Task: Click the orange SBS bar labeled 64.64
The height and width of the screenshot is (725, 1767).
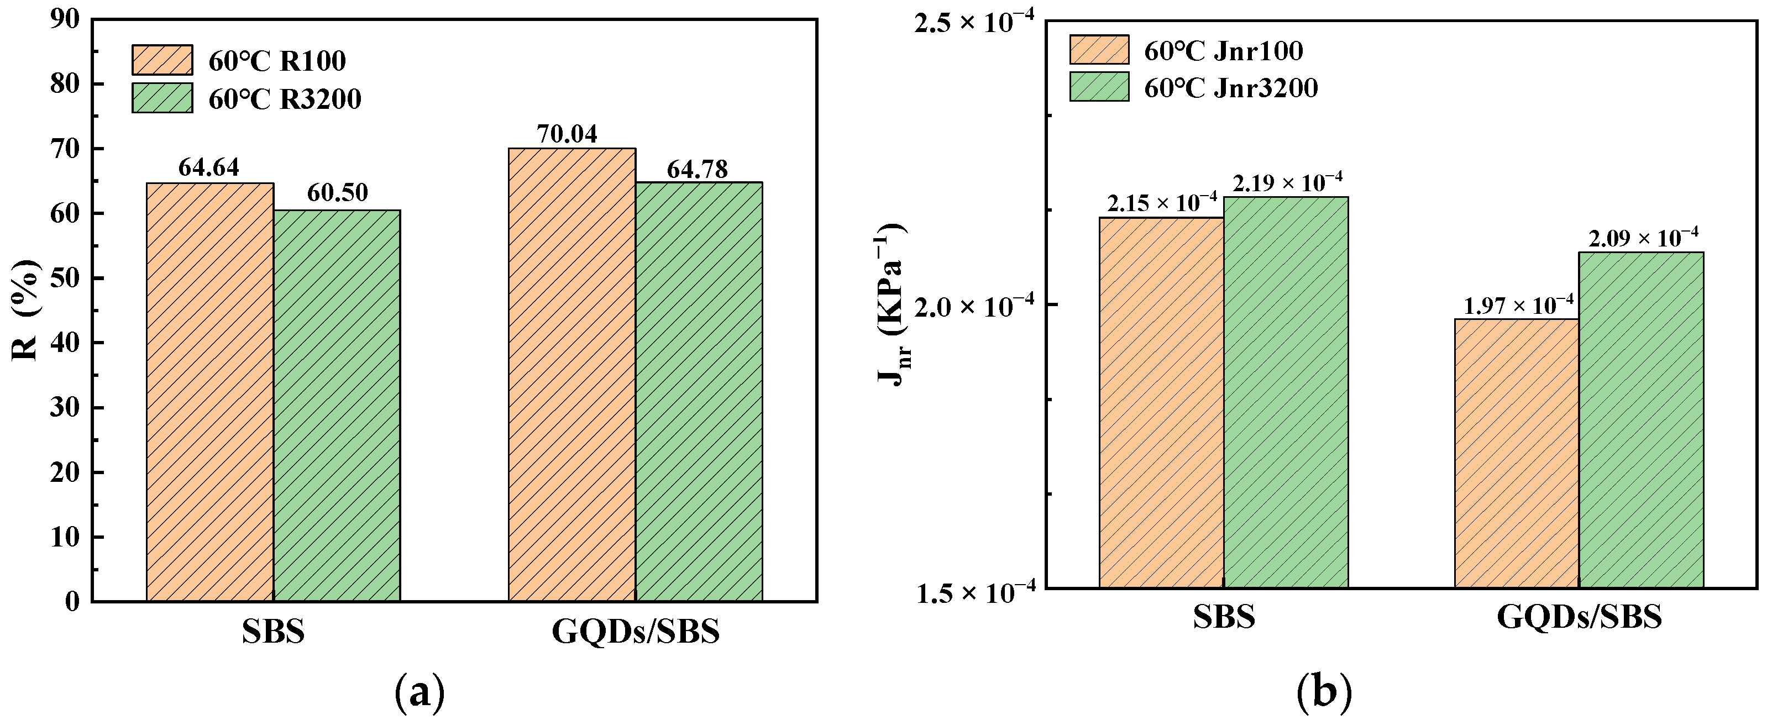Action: click(x=210, y=392)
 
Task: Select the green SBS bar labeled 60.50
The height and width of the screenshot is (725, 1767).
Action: click(x=337, y=406)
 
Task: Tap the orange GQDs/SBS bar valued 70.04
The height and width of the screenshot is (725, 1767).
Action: click(x=571, y=375)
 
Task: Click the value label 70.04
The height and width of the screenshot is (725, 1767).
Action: click(x=567, y=134)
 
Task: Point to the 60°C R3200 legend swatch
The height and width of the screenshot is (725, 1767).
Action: click(x=162, y=98)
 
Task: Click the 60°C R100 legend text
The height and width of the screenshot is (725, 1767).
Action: click(x=277, y=61)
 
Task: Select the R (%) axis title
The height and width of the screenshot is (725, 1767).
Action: click(x=26, y=310)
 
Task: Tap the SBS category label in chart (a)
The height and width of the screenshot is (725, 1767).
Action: click(x=272, y=632)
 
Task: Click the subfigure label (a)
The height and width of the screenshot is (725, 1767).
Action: click(x=420, y=694)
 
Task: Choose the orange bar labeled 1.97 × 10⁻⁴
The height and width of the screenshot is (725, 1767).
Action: click(x=1516, y=453)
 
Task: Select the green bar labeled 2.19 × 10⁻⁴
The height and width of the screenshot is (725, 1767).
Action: click(x=1286, y=392)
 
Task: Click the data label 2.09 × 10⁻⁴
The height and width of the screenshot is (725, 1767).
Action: click(x=1643, y=238)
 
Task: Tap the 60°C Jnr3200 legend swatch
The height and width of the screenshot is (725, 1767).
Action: click(x=1099, y=87)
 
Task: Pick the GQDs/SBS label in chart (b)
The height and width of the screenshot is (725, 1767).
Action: click(x=1579, y=617)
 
